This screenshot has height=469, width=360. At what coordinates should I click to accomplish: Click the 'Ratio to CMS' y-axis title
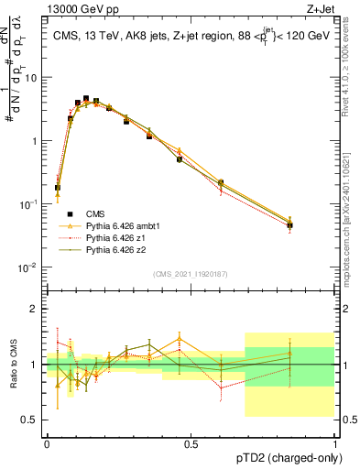14,364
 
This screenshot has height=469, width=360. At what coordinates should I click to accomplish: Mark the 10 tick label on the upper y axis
29,77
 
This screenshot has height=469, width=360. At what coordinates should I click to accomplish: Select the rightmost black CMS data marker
289,225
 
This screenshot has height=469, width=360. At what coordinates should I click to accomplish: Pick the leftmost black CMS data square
58,188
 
